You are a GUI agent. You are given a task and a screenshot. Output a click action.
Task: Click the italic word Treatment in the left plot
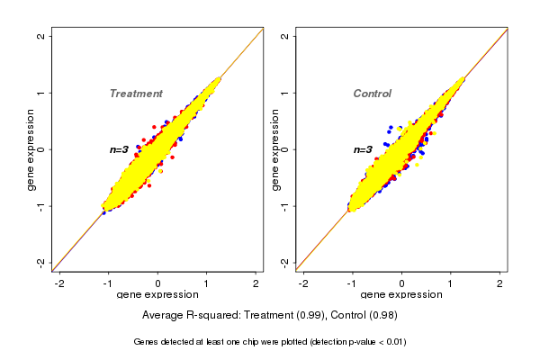(x=136, y=94)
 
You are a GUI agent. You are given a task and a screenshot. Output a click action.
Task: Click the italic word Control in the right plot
(x=372, y=94)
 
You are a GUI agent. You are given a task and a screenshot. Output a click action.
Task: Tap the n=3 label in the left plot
(x=121, y=149)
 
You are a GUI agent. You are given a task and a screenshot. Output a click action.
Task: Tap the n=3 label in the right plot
(x=364, y=149)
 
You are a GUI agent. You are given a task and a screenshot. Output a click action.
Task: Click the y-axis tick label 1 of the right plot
(x=285, y=93)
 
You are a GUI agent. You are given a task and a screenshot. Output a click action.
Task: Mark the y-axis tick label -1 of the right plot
(x=285, y=205)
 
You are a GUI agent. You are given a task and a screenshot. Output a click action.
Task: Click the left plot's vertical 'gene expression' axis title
(x=31, y=149)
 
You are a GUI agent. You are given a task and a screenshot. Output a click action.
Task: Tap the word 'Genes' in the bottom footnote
(x=147, y=342)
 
